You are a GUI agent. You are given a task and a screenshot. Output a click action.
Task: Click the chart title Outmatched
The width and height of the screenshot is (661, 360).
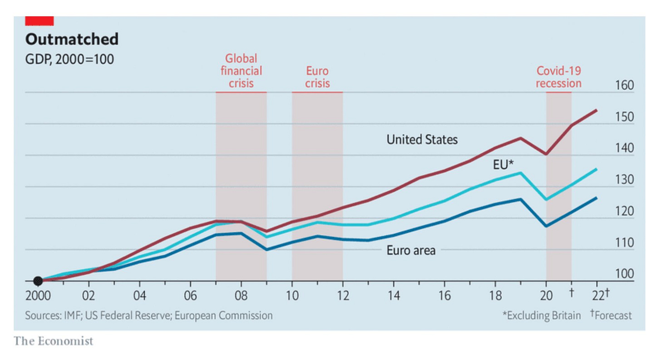[x=72, y=39]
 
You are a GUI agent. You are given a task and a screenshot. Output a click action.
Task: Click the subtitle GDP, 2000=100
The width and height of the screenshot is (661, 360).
[x=69, y=59]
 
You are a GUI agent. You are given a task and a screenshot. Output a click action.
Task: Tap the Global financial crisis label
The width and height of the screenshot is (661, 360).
[x=241, y=71]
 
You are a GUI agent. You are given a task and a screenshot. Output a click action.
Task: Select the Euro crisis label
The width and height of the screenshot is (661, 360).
[x=317, y=77]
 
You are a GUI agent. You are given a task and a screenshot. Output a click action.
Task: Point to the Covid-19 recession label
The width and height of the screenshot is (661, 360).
[x=558, y=77]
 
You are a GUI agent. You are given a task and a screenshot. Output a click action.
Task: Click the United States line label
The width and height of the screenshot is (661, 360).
[x=422, y=139]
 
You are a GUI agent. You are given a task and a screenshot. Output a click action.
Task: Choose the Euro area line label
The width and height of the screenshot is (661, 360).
[x=411, y=250]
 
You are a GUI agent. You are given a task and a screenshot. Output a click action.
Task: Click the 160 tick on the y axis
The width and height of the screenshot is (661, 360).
[x=624, y=86]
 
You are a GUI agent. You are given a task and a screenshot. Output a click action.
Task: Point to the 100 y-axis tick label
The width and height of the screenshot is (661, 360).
[x=624, y=274]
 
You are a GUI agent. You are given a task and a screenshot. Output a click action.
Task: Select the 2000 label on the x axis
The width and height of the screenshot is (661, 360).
[x=38, y=296]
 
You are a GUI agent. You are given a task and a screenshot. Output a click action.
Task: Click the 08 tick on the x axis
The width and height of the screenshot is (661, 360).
[x=241, y=296]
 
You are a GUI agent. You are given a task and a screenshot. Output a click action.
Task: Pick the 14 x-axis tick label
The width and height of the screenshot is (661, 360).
[x=394, y=296]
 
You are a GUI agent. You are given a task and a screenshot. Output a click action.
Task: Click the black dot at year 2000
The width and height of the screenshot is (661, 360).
[x=38, y=281]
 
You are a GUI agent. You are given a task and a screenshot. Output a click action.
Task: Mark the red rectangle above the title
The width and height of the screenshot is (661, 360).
[x=39, y=21]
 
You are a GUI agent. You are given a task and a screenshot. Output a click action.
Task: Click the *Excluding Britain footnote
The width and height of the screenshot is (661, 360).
[x=541, y=316]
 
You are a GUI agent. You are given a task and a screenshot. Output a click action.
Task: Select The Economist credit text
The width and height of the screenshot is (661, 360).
[x=53, y=341]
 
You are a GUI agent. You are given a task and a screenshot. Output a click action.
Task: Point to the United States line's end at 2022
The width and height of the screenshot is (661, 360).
[x=597, y=110]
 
